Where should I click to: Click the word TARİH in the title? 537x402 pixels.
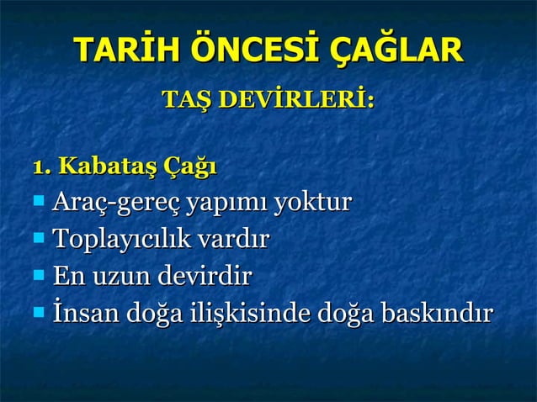coord(119,50)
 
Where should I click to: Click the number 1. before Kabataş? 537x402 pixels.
coord(41,165)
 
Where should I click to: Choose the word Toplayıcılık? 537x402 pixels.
coord(121,241)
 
